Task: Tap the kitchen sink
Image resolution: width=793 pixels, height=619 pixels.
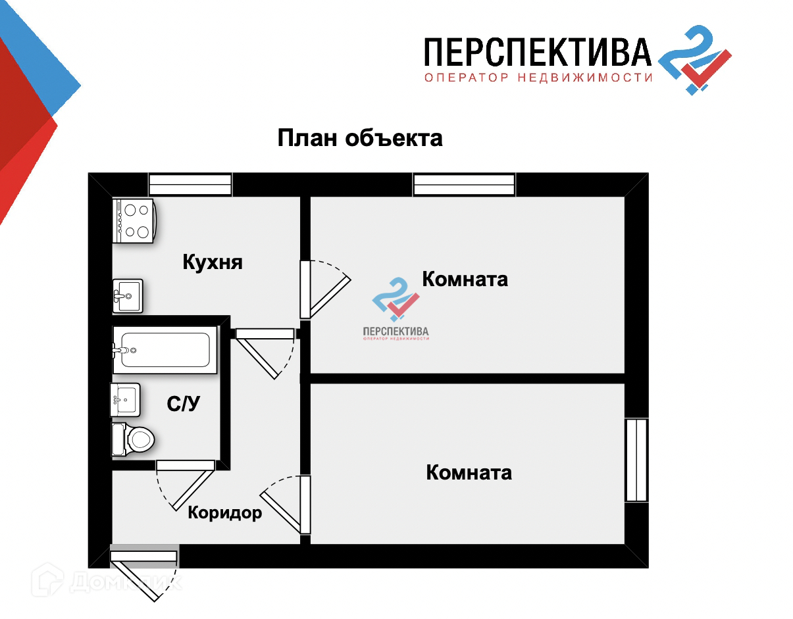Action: click(x=128, y=296)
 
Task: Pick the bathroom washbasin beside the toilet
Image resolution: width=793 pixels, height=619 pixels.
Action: click(x=125, y=399)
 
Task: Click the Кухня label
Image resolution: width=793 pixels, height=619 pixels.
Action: click(x=213, y=262)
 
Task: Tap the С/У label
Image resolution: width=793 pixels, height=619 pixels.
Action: click(x=184, y=405)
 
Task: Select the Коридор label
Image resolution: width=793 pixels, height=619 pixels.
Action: click(x=225, y=513)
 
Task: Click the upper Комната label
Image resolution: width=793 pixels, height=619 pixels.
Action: click(x=465, y=279)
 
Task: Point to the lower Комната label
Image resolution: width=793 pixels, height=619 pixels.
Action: click(x=469, y=472)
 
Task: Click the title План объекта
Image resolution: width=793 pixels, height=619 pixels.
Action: click(x=360, y=139)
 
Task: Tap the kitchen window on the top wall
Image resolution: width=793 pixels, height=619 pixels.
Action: click(x=190, y=185)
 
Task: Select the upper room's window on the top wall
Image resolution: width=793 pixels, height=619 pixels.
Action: click(x=464, y=185)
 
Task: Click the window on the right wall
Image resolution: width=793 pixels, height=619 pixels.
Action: click(x=636, y=460)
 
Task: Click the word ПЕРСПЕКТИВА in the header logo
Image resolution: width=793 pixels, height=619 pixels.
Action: click(x=537, y=53)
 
